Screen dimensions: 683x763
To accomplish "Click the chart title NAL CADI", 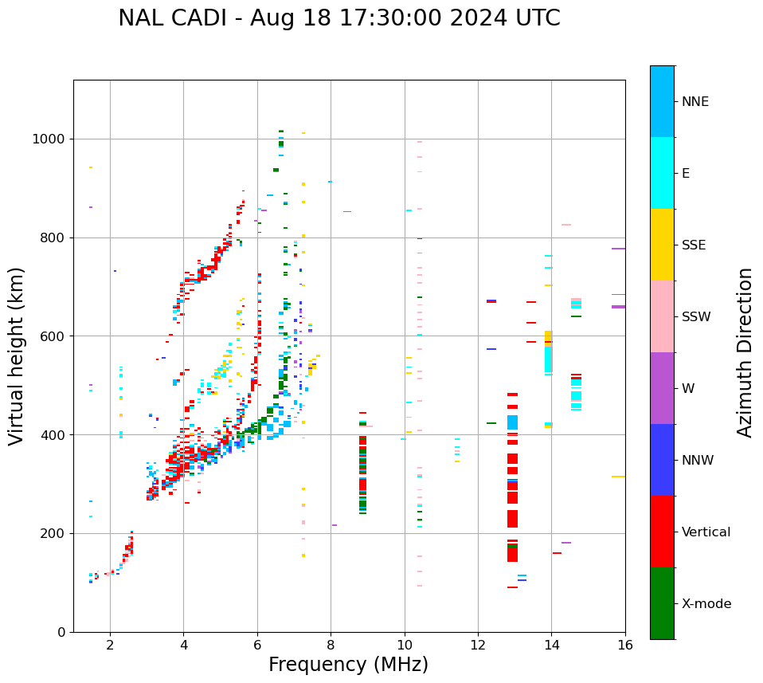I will click(338, 18).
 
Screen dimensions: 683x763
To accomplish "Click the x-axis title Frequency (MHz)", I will click(348, 665).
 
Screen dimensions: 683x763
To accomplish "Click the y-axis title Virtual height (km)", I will click(17, 356).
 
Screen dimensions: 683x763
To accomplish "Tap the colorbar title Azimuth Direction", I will click(745, 352).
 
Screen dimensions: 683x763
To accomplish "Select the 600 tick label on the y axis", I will click(53, 336).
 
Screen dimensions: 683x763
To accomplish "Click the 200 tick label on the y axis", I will click(53, 534).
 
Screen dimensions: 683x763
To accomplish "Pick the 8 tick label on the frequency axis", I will click(331, 645).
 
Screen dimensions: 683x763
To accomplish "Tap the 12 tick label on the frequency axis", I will click(478, 645).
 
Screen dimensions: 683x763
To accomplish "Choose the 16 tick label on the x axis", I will click(625, 645).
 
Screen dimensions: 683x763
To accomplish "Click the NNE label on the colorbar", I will click(695, 102).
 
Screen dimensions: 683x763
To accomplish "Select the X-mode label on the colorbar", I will click(706, 604).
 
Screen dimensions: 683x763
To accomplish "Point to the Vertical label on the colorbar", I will click(706, 532).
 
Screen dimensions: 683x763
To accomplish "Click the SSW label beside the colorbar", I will click(696, 317).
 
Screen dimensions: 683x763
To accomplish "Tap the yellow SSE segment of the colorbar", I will click(662, 245).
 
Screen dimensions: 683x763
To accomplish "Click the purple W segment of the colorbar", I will click(662, 388).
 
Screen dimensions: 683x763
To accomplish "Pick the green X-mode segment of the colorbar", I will click(662, 603).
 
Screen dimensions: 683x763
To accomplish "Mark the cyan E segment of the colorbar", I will click(662, 173).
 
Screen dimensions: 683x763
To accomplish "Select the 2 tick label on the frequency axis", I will click(110, 645).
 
